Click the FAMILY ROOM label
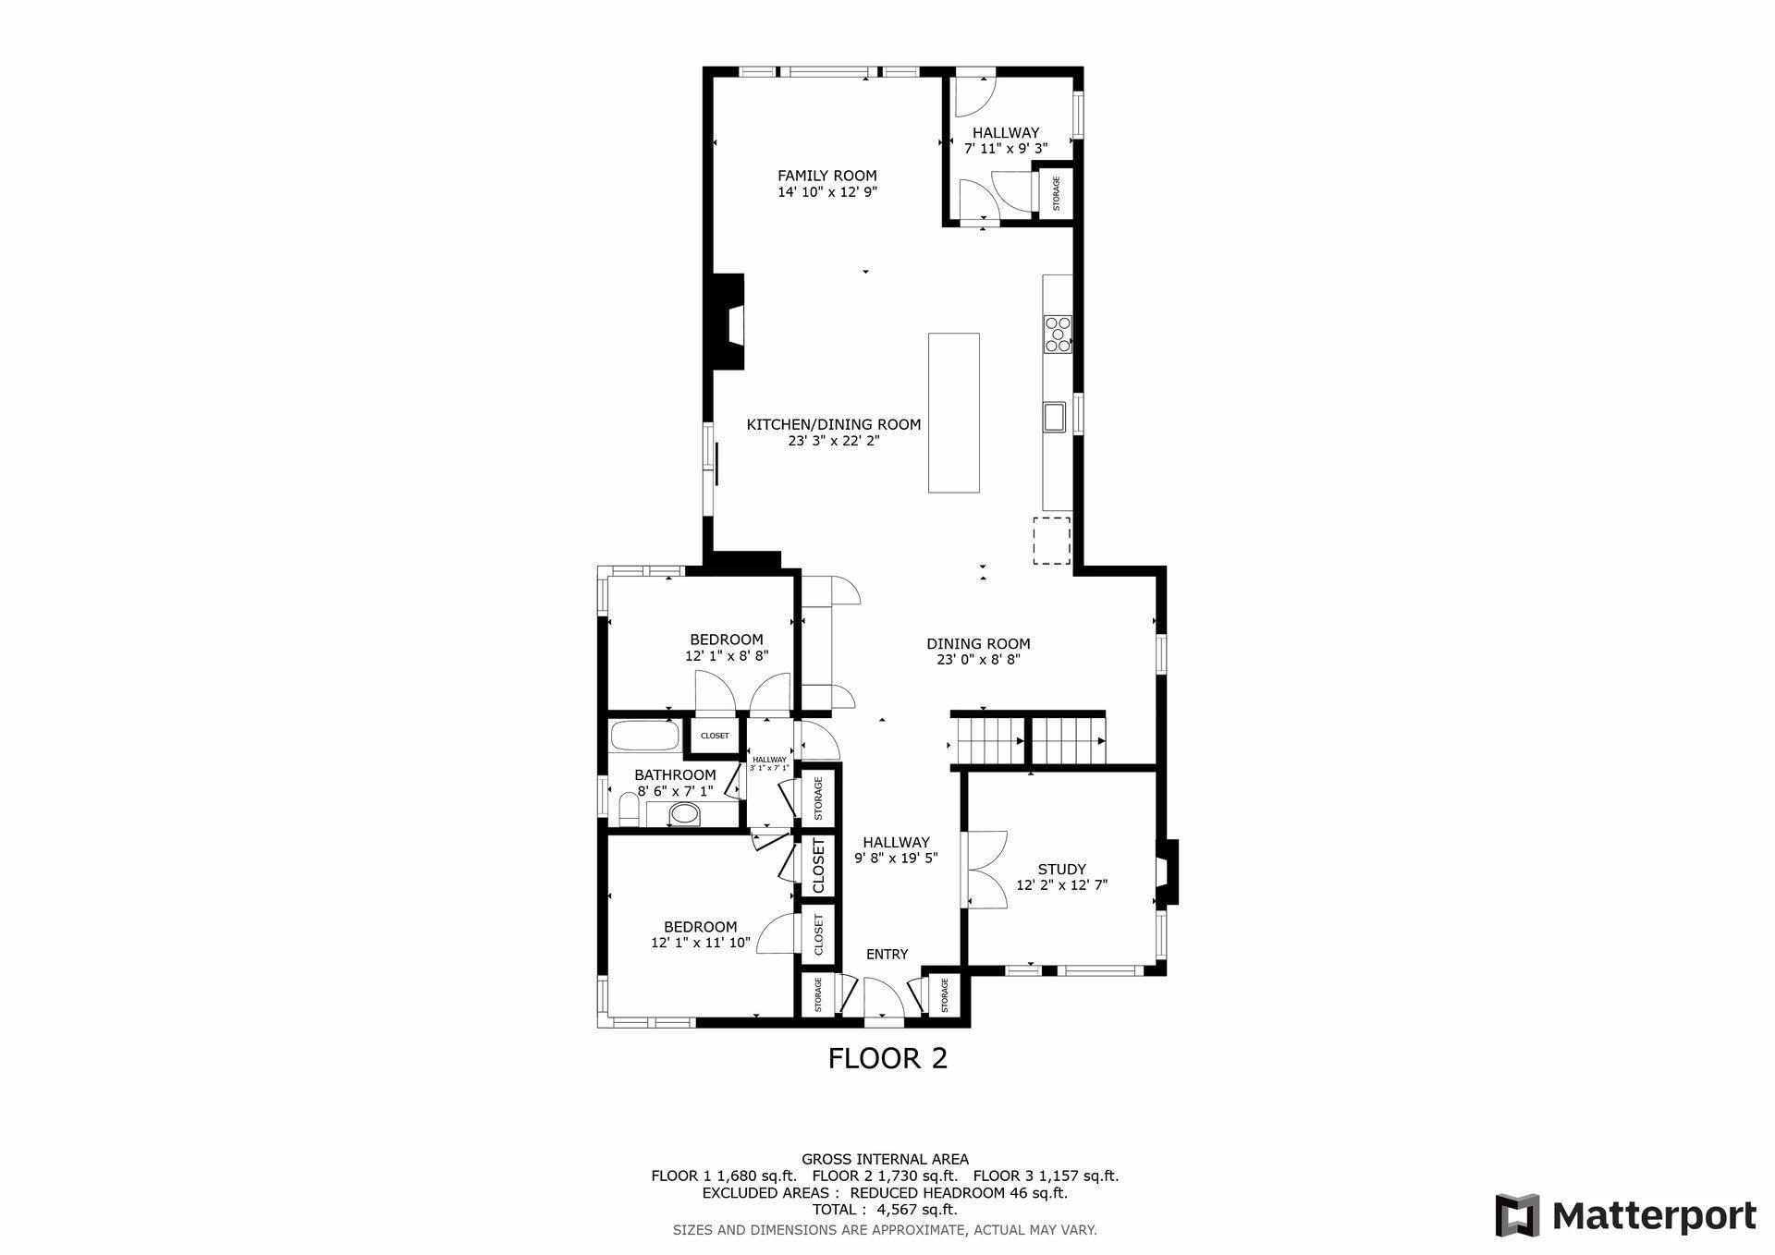(826, 176)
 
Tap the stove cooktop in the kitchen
(1058, 335)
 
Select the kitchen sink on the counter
(1054, 417)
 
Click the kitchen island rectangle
(954, 412)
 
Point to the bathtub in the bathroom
(644, 737)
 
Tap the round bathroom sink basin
(684, 814)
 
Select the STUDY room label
(1061, 869)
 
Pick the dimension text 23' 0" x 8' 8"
(978, 660)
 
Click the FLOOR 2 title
(887, 1058)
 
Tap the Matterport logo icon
(1517, 1215)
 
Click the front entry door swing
(884, 999)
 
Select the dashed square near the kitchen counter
(1051, 541)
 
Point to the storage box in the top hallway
(1056, 193)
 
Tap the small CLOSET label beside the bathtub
(715, 736)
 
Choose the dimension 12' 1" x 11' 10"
(700, 944)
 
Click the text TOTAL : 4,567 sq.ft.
(885, 1210)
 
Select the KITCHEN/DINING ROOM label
(834, 425)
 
